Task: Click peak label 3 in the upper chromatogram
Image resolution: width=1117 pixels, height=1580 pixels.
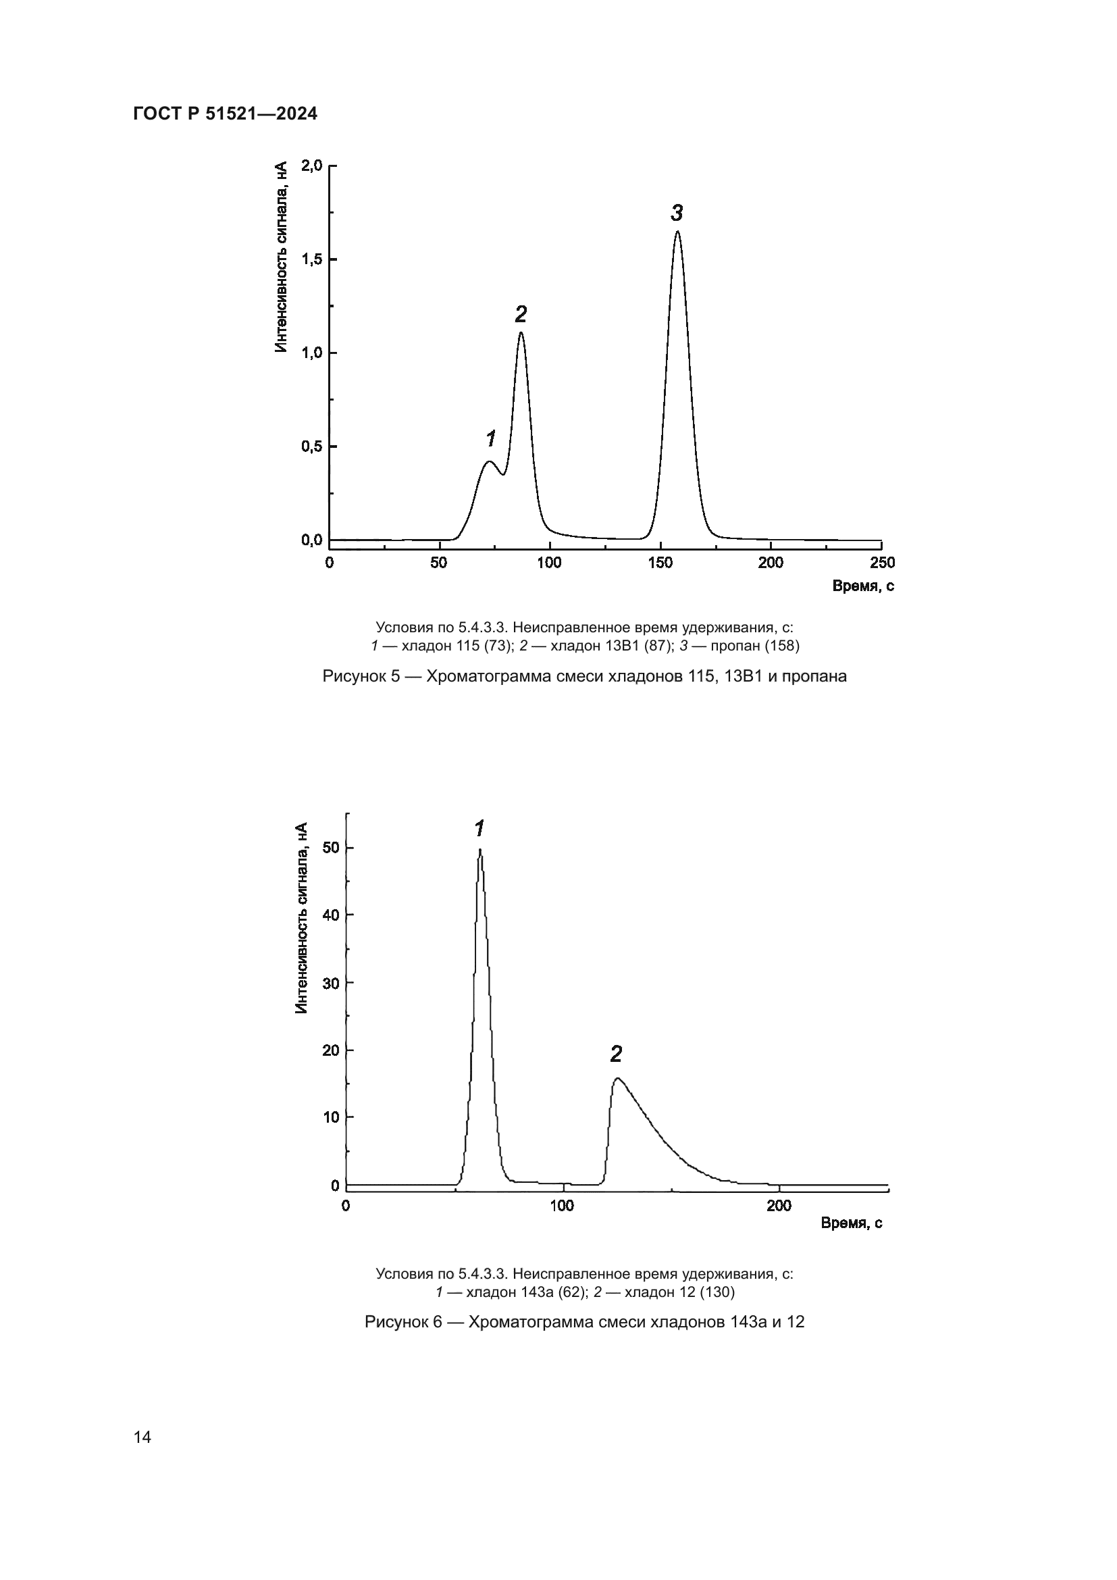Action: click(677, 213)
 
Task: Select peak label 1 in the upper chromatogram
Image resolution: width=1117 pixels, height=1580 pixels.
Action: click(491, 438)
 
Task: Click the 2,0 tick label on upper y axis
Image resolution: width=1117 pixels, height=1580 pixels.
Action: click(311, 166)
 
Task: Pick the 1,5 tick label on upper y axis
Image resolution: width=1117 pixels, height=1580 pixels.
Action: click(311, 259)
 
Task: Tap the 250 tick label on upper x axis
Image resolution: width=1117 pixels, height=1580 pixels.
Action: click(883, 563)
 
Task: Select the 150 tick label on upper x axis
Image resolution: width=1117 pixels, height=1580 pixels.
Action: click(660, 563)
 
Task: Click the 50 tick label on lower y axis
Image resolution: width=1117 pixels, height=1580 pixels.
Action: click(331, 848)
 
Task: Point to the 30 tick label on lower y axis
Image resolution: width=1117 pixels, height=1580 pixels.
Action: click(331, 984)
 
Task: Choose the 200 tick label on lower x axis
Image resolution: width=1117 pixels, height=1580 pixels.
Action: click(779, 1206)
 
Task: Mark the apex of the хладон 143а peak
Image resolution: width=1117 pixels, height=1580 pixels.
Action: click(480, 850)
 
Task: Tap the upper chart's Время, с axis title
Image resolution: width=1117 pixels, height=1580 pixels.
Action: click(863, 586)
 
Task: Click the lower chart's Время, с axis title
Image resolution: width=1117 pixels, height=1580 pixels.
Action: click(852, 1223)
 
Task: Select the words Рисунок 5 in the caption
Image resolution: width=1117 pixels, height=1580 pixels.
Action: click(361, 676)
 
